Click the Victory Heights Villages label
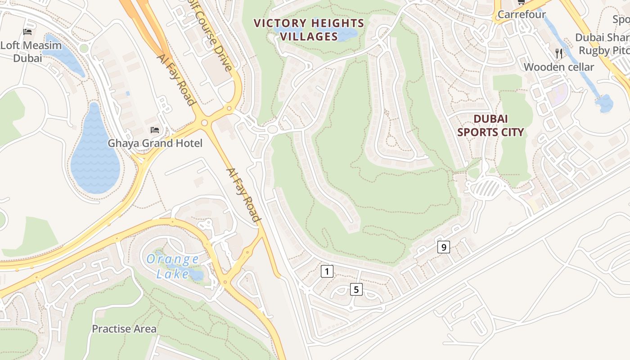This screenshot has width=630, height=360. pos(309,30)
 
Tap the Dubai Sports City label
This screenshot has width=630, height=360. pos(490,126)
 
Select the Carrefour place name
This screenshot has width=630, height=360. pos(521,15)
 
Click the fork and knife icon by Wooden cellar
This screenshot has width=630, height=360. pos(559,54)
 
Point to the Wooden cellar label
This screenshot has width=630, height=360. pos(558,67)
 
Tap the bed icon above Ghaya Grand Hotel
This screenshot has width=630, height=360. pos(155,130)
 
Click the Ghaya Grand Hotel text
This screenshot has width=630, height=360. pos(155,144)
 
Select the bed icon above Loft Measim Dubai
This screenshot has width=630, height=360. pos(27,32)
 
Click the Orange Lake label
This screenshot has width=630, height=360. pos(173,266)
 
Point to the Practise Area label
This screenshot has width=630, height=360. pos(124,329)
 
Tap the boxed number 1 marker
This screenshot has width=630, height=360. pos(327,271)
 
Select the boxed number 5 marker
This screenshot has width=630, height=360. pos(356,289)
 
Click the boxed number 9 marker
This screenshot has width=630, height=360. pos(444,247)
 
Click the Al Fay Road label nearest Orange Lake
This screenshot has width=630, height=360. pos(243,195)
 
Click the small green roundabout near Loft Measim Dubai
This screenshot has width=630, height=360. pos(84,48)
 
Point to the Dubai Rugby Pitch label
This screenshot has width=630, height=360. pos(603,44)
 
